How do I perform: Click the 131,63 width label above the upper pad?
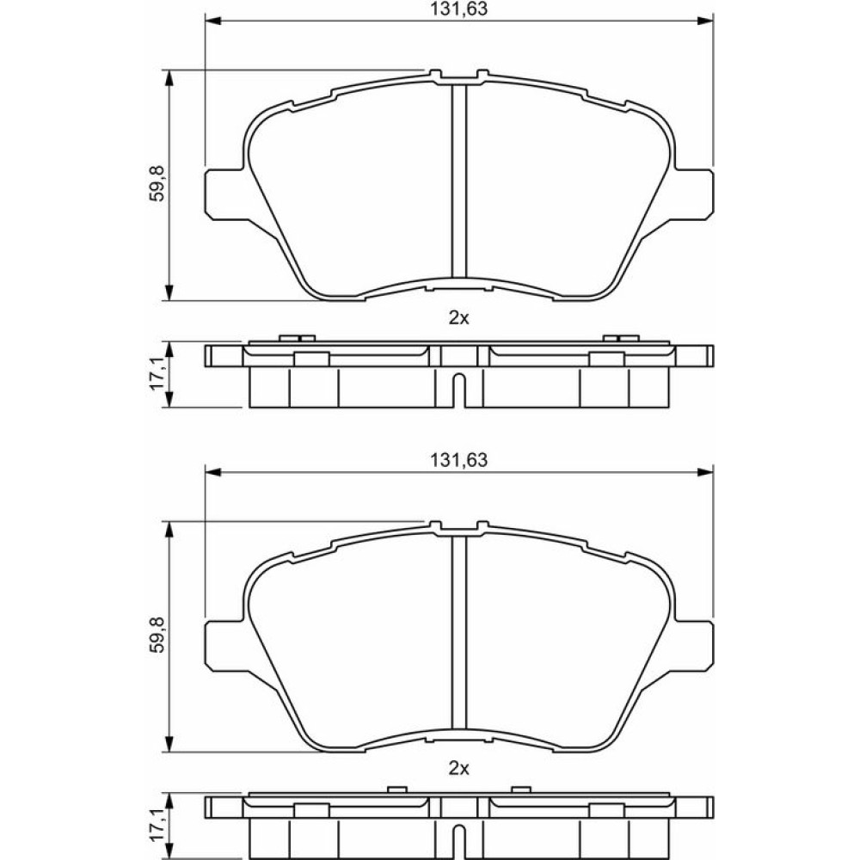(x=458, y=9)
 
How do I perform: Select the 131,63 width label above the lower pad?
(x=458, y=459)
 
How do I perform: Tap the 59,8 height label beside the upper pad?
(x=157, y=185)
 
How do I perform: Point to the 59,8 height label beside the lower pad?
(x=157, y=636)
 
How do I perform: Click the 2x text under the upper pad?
(x=458, y=317)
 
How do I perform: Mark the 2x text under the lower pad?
(x=458, y=768)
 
